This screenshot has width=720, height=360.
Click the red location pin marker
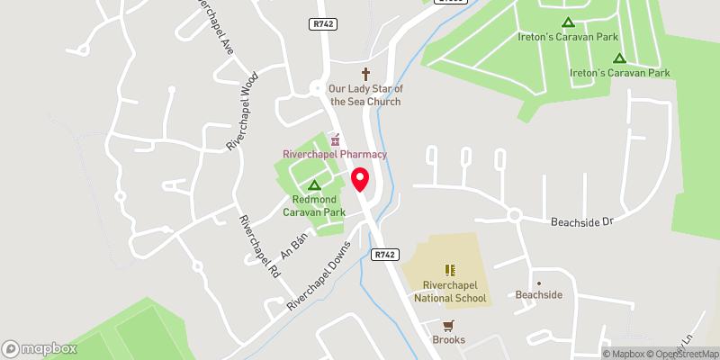pos(361,179)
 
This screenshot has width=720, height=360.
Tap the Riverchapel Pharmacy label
pos(335,155)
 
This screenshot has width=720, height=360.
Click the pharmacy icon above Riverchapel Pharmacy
pos(335,139)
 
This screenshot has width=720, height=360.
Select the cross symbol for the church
pos(365,74)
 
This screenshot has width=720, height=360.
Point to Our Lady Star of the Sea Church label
pos(364,94)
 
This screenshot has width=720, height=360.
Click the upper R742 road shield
pos(323,24)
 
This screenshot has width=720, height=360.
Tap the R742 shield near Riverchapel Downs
pos(384,255)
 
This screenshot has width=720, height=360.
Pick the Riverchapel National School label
pos(450,292)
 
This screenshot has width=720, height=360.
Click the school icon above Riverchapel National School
pos(450,269)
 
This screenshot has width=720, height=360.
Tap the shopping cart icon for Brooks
pos(448,325)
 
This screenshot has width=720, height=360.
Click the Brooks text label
pos(448,340)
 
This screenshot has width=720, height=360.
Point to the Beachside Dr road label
pos(581,220)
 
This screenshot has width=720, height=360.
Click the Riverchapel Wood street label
pos(243,112)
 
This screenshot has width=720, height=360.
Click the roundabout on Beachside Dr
pos(514,215)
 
